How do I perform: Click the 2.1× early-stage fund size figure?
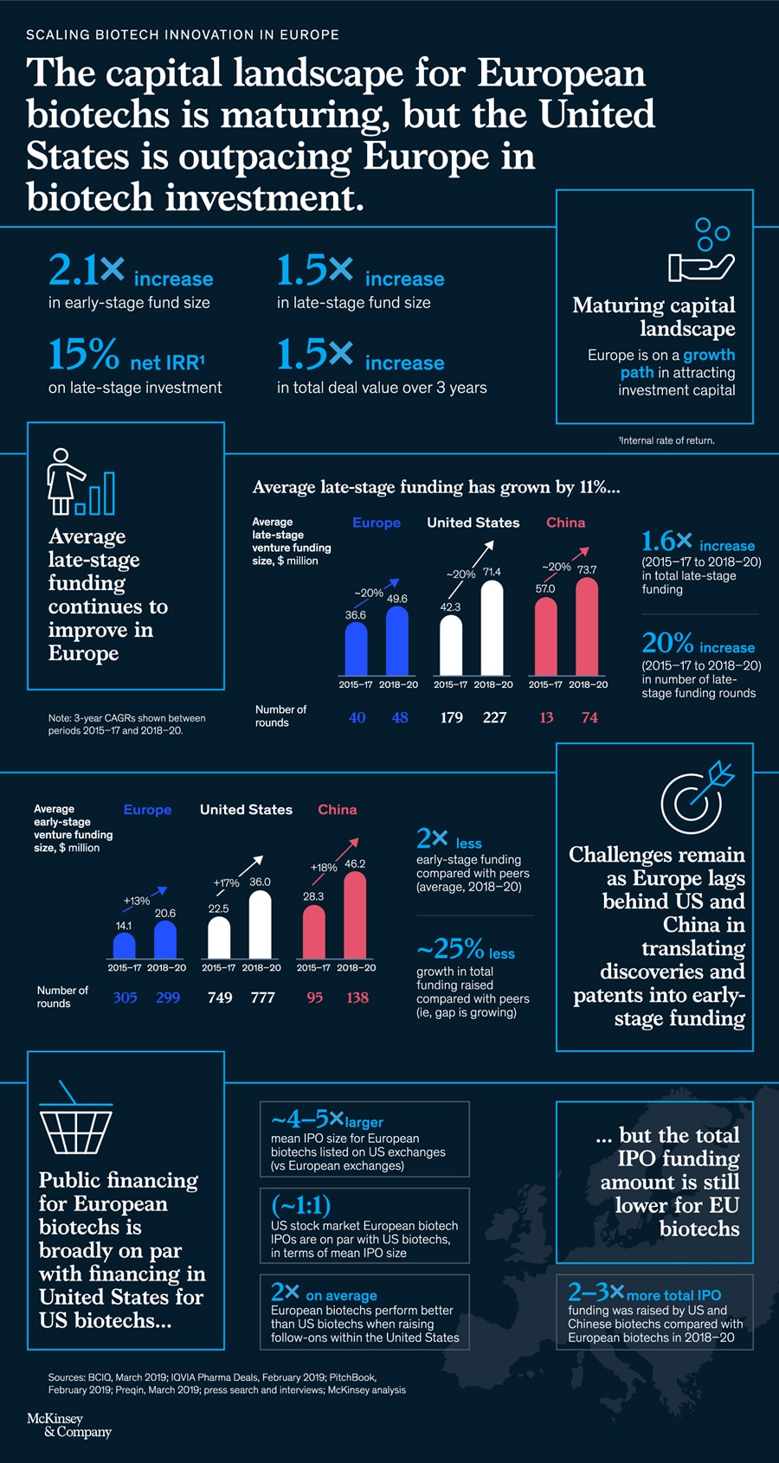click(87, 271)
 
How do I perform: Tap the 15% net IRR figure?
click(84, 355)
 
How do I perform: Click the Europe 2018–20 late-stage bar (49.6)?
click(396, 641)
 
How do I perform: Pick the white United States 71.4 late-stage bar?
click(492, 628)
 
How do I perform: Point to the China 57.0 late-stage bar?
click(545, 637)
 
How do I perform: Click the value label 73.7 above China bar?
click(587, 570)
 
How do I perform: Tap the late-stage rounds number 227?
click(494, 717)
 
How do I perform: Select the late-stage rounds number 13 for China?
click(546, 717)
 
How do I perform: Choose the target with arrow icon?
click(695, 797)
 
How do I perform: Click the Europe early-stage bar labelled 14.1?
click(125, 946)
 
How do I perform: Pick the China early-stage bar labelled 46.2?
click(355, 915)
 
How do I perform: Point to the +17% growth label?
click(226, 883)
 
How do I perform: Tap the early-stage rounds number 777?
click(262, 998)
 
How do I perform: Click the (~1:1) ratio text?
click(300, 1205)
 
